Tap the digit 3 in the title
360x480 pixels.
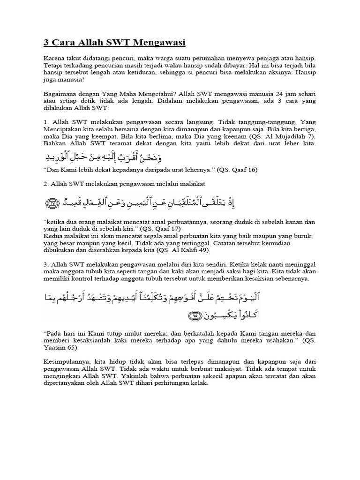pos(46,43)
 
